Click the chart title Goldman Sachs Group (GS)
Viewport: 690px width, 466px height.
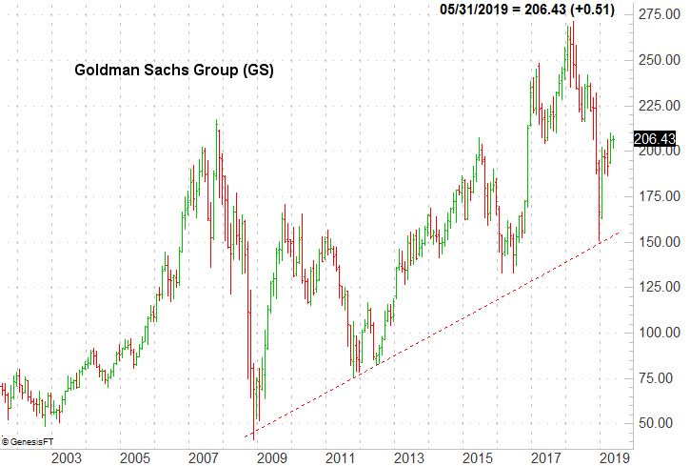173,71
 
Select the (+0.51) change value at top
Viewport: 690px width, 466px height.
592,10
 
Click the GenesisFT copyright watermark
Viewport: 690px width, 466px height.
28,441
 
